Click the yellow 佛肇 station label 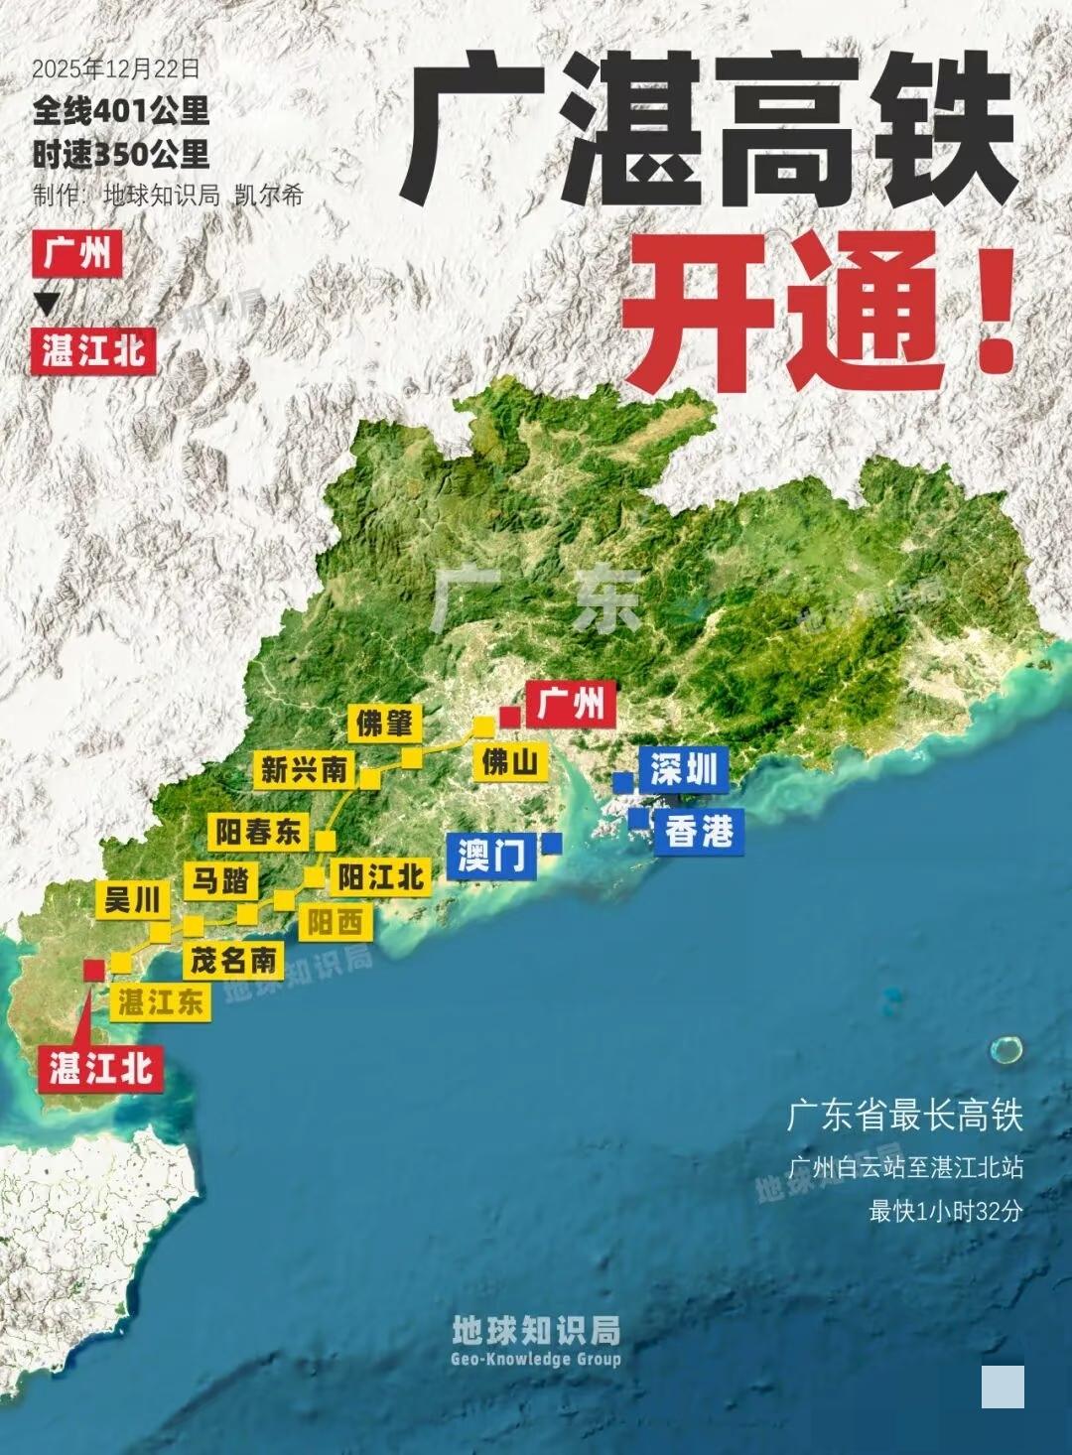384,724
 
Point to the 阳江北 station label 381,877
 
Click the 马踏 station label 221,880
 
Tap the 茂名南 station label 234,960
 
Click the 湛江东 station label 160,1001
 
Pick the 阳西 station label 334,923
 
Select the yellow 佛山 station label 510,762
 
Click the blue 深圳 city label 683,769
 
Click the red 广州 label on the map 571,705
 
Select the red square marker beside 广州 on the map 510,717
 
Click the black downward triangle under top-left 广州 47,304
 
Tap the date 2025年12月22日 115,69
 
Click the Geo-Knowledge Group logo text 536,1359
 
